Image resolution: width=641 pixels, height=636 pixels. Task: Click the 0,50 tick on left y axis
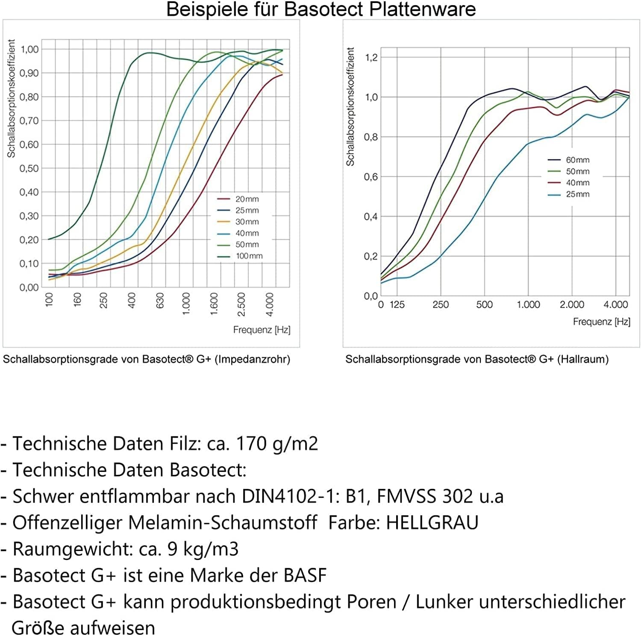click(29, 168)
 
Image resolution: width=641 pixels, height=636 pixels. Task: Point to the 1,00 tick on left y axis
click(29, 49)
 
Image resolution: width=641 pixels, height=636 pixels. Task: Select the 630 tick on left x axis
click(160, 300)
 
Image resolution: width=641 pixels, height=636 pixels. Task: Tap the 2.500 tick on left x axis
click(241, 304)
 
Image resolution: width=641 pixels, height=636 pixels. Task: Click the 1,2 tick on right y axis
click(371, 57)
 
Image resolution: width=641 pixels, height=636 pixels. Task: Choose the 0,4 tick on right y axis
click(371, 217)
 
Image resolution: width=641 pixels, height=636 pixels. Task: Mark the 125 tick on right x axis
click(397, 305)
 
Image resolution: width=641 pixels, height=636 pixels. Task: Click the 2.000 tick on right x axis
click(572, 305)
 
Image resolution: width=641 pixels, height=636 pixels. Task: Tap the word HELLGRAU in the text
click(432, 523)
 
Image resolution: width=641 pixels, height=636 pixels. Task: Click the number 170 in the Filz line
click(251, 444)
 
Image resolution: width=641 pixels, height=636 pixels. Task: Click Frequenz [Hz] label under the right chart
click(601, 322)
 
